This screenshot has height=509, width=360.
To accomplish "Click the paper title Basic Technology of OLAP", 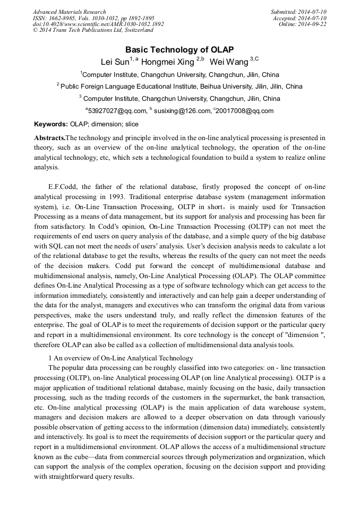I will coord(179,49).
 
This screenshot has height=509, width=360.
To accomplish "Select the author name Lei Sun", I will coord(115,62).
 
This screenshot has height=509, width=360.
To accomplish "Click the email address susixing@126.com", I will coord(182,111).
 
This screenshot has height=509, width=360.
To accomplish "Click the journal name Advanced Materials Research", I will coord(69,12).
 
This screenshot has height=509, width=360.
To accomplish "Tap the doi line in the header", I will coord(98,24).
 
